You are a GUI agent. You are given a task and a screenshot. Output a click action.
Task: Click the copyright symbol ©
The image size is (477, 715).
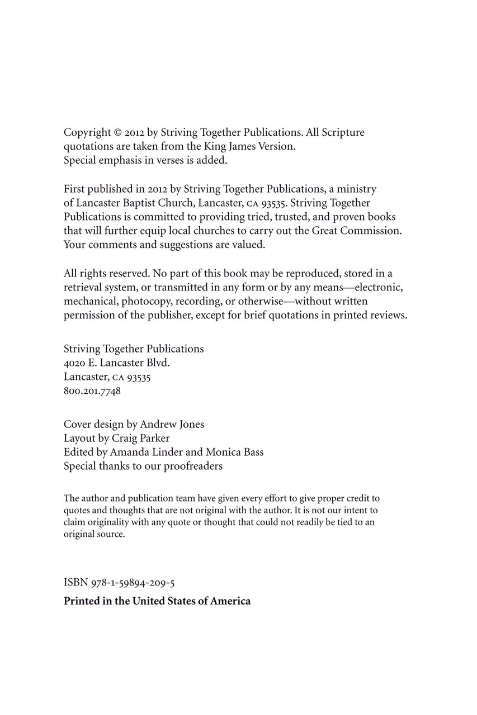point(117,133)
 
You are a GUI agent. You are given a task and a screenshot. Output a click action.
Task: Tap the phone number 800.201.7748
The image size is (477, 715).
point(92,391)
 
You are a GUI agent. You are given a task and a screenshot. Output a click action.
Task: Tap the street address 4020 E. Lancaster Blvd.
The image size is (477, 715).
point(116,363)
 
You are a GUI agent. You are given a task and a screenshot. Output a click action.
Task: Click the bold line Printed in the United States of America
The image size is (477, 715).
point(157,601)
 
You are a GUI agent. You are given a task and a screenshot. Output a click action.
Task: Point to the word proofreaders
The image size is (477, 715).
point(193,466)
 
